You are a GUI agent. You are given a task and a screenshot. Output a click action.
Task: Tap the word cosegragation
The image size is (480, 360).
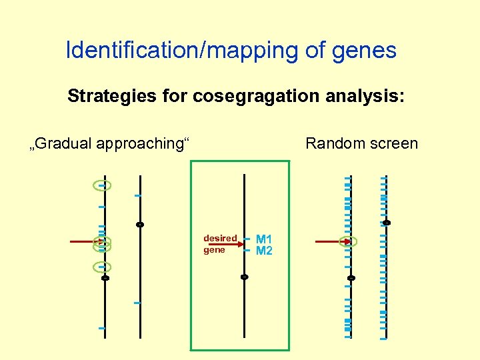tap(253, 97)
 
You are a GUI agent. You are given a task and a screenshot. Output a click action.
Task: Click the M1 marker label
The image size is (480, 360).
tap(264, 239)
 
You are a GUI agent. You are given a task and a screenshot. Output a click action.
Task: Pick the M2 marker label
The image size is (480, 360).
tap(264, 251)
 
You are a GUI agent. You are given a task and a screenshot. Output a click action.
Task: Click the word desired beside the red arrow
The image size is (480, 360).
tap(220, 238)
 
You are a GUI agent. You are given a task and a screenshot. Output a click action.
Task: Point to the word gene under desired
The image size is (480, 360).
tap(214, 250)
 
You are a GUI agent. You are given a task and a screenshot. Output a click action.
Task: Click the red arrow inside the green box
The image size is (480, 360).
tap(227, 245)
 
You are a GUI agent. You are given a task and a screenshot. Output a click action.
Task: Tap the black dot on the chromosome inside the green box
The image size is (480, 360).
tap(245, 277)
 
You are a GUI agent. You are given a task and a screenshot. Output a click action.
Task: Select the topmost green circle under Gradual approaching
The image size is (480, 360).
tap(102, 185)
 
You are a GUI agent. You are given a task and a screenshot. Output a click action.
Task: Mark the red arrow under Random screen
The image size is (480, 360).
tap(330, 241)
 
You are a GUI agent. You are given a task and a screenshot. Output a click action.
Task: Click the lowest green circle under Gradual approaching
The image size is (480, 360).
tap(102, 267)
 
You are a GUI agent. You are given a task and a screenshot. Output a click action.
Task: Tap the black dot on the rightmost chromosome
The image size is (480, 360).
tap(387, 222)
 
